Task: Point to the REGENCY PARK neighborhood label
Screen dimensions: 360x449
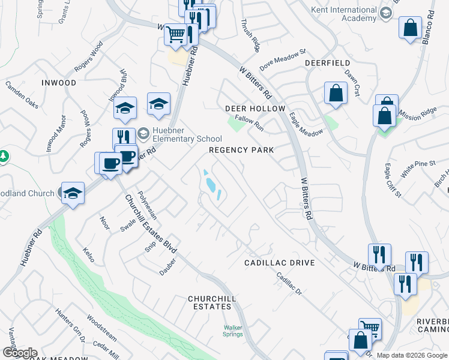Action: pyautogui.click(x=241, y=150)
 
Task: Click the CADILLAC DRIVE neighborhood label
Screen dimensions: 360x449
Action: pyautogui.click(x=279, y=263)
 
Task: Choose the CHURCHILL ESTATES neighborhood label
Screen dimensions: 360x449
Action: pyautogui.click(x=211, y=302)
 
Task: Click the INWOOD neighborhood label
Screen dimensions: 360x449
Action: pyautogui.click(x=59, y=82)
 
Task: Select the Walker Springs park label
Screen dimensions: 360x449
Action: pyautogui.click(x=234, y=331)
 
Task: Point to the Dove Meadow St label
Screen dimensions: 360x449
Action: pyautogui.click(x=283, y=59)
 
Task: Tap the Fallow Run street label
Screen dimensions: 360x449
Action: pyautogui.click(x=249, y=120)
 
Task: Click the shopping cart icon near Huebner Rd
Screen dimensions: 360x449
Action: pyautogui.click(x=175, y=34)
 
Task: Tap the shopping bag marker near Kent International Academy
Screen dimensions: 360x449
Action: pyautogui.click(x=410, y=28)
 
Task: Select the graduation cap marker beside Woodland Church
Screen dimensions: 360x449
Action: pyautogui.click(x=73, y=193)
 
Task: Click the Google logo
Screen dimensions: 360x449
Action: pyautogui.click(x=20, y=353)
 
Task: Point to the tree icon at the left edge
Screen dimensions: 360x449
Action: pyautogui.click(x=4, y=156)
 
